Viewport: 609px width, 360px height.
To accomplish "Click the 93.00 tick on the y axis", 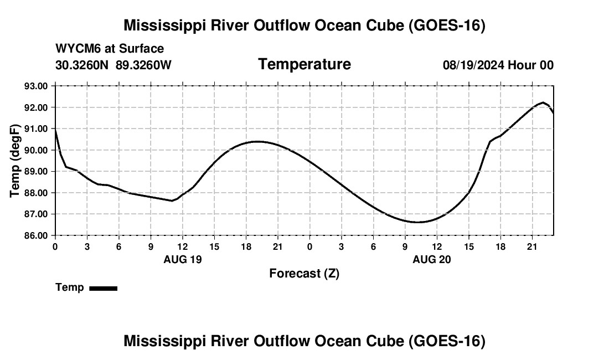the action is pyautogui.click(x=36, y=86).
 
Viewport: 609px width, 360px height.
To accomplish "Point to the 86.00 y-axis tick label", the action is pyautogui.click(x=36, y=235).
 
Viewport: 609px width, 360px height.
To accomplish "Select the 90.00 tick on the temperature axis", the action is pyautogui.click(x=36, y=150).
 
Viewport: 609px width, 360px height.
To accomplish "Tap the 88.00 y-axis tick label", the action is pyautogui.click(x=36, y=193).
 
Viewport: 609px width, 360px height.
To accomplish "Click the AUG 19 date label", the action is pyautogui.click(x=183, y=259).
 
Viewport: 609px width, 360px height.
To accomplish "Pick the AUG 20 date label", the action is pyautogui.click(x=431, y=259).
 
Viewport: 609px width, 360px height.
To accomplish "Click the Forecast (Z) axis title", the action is pyautogui.click(x=304, y=274).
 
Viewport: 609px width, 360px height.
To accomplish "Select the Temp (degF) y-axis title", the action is pyautogui.click(x=15, y=161).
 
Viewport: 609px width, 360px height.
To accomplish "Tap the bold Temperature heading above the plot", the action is pyautogui.click(x=304, y=64).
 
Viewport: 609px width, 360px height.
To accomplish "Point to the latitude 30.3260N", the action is pyautogui.click(x=82, y=65).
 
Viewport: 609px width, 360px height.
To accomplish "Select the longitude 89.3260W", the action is pyautogui.click(x=143, y=65).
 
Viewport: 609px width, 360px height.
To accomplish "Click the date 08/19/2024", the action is pyautogui.click(x=473, y=65).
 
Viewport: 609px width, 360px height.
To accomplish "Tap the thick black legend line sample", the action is pyautogui.click(x=104, y=288).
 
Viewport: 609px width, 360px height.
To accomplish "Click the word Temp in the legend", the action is pyautogui.click(x=70, y=287).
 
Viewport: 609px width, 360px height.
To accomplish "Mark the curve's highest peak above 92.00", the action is pyautogui.click(x=543, y=102).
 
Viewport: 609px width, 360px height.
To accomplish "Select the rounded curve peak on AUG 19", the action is pyautogui.click(x=257, y=142).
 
